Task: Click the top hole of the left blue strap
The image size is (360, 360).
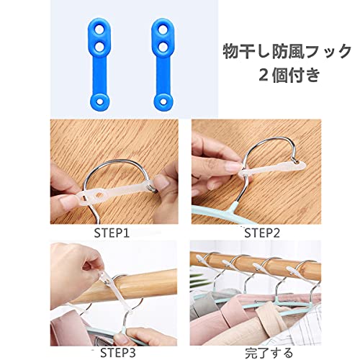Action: (x=99, y=30)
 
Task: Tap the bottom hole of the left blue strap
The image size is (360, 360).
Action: (x=99, y=101)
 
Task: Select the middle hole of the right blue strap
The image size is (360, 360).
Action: (x=163, y=47)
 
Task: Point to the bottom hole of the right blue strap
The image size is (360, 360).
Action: (x=163, y=101)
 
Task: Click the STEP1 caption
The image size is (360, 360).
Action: (x=112, y=233)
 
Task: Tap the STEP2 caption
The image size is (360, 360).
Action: (x=262, y=233)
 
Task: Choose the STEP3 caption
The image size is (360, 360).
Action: (x=118, y=353)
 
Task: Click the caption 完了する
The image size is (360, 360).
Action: (x=269, y=353)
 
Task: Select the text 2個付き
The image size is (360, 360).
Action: (x=289, y=75)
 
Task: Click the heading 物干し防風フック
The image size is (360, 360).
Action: (x=287, y=51)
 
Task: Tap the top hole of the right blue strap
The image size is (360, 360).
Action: (x=163, y=30)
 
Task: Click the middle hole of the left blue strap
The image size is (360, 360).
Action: (x=99, y=47)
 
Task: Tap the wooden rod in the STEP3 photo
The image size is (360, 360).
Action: (x=125, y=286)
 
